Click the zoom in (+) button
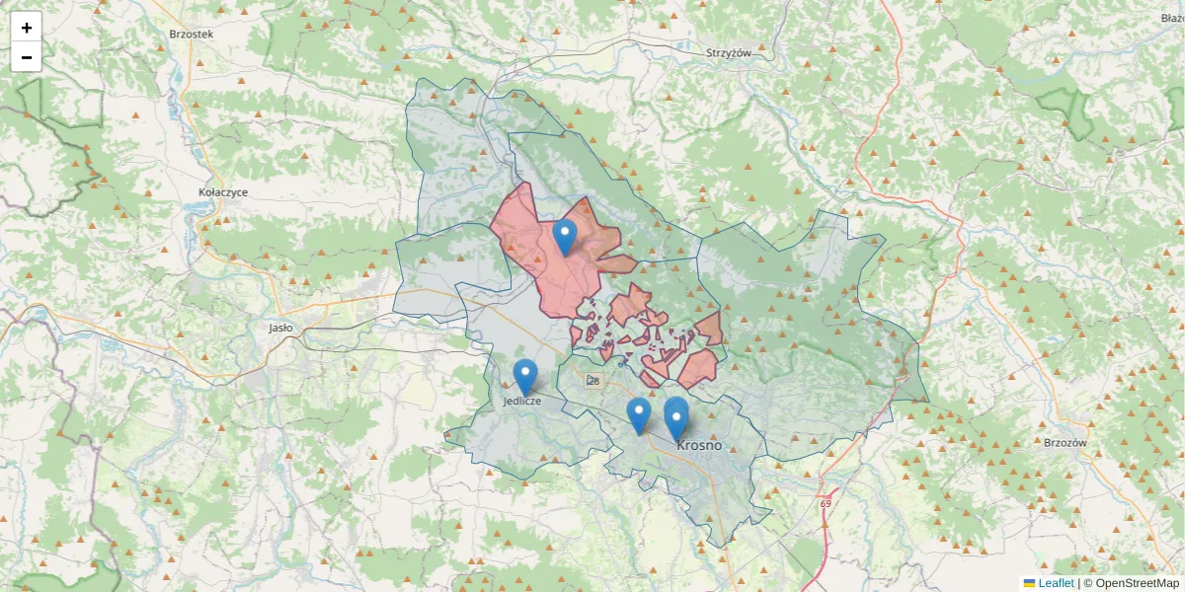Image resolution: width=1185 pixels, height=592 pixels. click(x=27, y=28)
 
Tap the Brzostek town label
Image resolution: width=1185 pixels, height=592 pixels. click(x=192, y=34)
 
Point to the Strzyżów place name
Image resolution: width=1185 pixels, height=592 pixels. click(x=729, y=53)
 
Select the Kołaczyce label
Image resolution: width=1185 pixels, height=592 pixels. click(x=222, y=192)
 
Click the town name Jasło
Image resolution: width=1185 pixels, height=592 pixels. click(x=280, y=328)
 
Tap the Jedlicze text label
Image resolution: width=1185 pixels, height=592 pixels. click(x=521, y=402)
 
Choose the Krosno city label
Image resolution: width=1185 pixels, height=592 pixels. click(x=699, y=445)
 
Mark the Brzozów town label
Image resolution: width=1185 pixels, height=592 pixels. click(x=1065, y=443)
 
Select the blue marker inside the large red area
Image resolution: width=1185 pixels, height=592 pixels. click(x=565, y=238)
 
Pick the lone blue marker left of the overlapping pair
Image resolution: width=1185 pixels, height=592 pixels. click(x=639, y=414)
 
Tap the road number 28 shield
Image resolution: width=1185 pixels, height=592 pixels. click(x=592, y=381)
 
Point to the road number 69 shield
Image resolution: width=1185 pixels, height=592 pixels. click(x=825, y=504)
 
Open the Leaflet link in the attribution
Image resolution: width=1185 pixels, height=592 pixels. click(x=1056, y=583)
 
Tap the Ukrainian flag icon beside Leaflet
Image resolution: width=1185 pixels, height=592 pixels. click(x=1029, y=583)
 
